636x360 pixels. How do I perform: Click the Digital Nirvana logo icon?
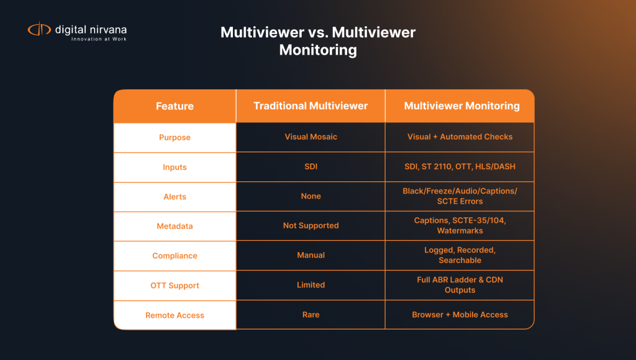coord(39,29)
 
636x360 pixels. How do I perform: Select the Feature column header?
coord(175,106)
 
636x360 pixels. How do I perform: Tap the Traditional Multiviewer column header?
coord(311,106)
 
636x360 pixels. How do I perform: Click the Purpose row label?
coord(175,137)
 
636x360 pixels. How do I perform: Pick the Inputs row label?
coord(175,167)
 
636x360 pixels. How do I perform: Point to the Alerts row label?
coord(175,197)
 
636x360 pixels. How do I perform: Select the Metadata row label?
coord(175,227)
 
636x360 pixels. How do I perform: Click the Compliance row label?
coord(175,256)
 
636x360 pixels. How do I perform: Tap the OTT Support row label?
coord(175,286)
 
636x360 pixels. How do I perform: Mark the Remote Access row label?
coord(175,315)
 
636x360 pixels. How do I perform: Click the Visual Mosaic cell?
coord(311,137)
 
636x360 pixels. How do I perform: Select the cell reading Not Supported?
coord(311,226)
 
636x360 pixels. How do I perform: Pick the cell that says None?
coord(311,197)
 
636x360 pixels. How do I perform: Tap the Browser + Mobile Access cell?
coord(460,315)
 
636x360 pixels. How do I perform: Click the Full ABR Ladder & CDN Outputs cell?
coord(460,285)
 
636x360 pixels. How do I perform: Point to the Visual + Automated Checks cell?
coord(460,137)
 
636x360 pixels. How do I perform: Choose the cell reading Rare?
coord(311,315)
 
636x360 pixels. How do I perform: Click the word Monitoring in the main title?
coord(318,50)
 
